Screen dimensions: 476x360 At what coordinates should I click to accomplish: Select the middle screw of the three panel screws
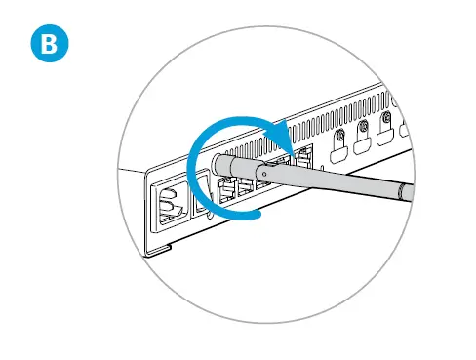pyautogui.click(x=363, y=126)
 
